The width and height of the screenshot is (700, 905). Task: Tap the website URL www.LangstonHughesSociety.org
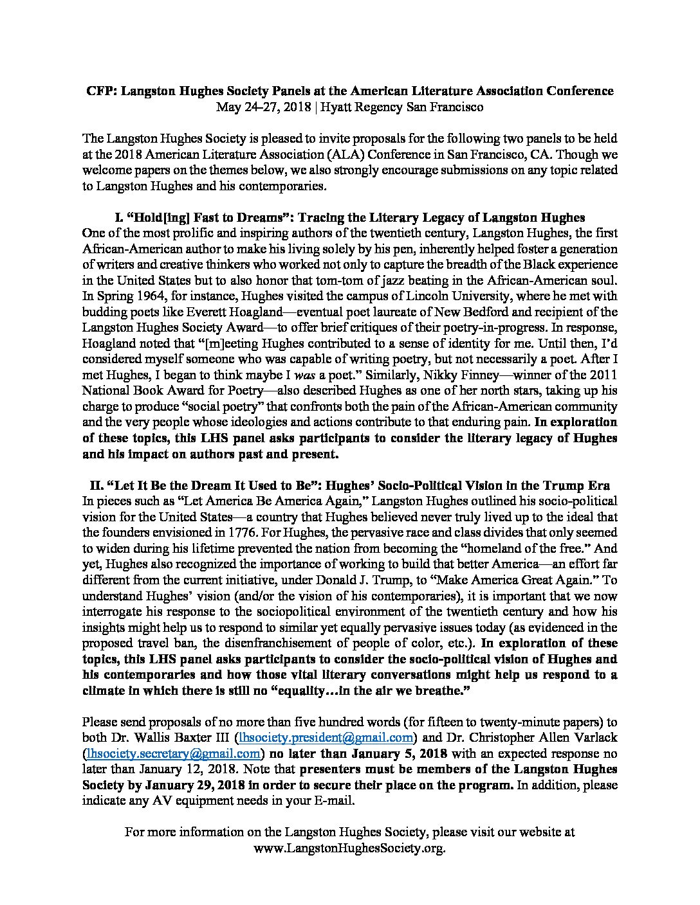350,848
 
